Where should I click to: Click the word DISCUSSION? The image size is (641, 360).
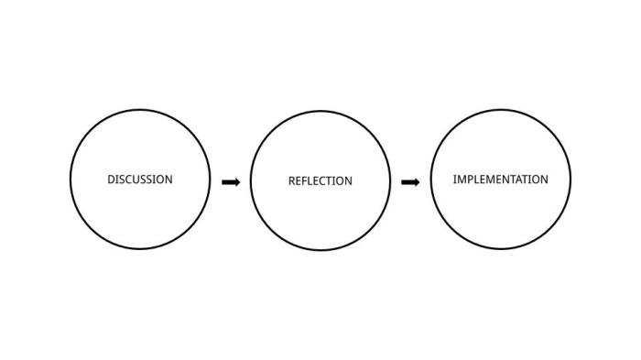139,180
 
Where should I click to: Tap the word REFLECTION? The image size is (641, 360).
320,181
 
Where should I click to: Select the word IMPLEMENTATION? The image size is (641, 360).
500,180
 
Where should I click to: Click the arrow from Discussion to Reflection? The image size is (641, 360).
231,182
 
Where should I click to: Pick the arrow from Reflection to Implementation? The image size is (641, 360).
410,182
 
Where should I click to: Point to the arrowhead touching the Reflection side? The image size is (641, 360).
236,182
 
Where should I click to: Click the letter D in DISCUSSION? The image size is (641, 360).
111,180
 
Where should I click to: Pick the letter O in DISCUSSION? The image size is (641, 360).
159,180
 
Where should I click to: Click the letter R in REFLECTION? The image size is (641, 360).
292,181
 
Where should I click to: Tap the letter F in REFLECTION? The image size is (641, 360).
306,181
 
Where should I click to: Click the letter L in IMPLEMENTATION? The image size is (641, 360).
476,180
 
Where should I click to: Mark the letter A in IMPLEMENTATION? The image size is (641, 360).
519,180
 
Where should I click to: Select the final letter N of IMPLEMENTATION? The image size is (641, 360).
544,180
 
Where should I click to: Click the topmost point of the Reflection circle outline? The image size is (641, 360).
320,111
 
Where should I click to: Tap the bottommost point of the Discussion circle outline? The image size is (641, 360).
139,248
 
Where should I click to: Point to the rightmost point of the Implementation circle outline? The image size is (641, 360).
570,179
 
